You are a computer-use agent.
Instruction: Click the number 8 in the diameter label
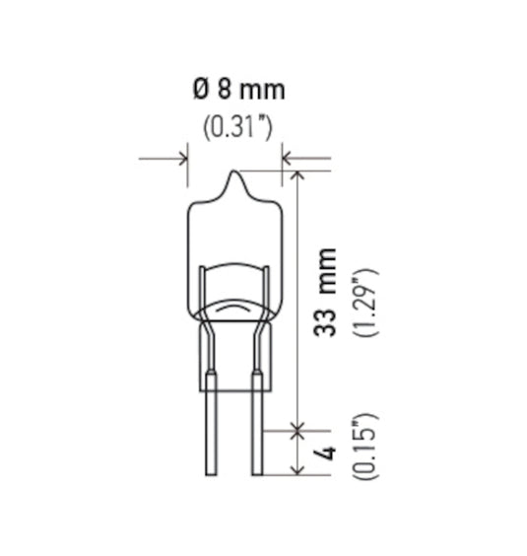225,91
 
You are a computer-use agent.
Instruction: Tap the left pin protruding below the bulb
212,434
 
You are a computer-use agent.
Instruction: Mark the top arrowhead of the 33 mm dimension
297,174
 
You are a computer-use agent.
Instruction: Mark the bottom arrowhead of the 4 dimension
297,469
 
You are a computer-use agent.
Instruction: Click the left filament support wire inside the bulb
204,286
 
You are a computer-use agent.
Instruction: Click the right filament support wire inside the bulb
265,286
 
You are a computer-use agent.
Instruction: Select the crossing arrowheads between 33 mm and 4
297,428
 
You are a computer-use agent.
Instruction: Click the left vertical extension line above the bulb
186,168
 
